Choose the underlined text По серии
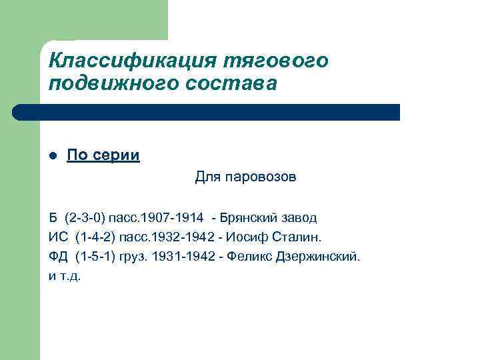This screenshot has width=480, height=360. [x=103, y=156]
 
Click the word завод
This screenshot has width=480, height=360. [x=297, y=218]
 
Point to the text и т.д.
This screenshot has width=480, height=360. [x=64, y=275]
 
